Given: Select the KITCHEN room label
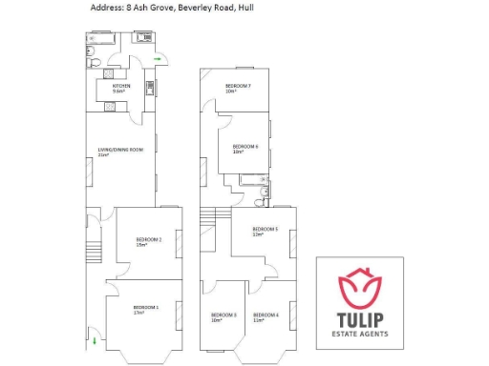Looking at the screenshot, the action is [x=121, y=86].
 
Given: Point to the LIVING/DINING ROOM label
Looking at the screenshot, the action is [x=120, y=150].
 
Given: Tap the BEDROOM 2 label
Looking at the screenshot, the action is [x=148, y=240].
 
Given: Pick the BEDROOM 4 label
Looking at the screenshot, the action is [x=266, y=315].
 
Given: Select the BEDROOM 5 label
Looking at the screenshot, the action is [x=265, y=230].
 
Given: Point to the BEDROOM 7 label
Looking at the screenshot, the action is [x=238, y=87].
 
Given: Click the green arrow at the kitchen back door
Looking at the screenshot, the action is [x=158, y=59].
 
